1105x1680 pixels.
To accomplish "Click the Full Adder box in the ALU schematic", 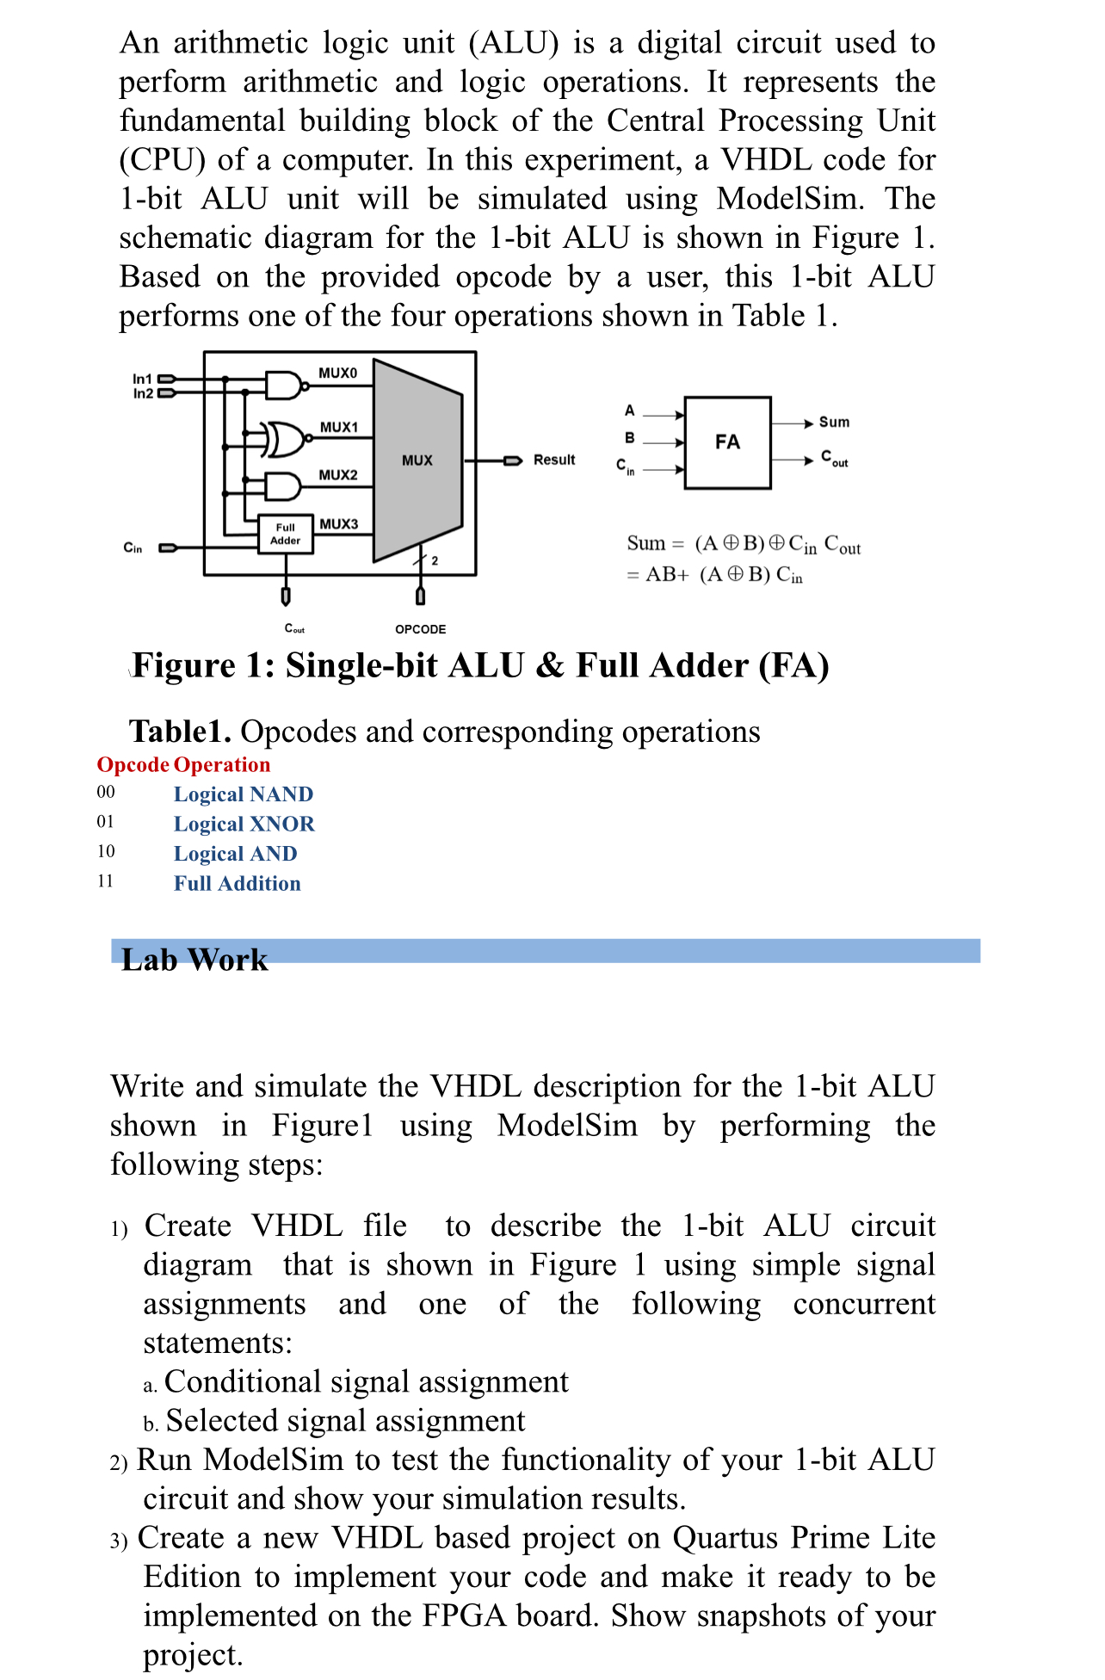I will click(x=286, y=534).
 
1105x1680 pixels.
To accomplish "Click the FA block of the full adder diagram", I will click(x=727, y=442).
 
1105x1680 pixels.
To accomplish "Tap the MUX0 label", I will click(x=337, y=373).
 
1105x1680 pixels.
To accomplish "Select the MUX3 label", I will click(x=338, y=523).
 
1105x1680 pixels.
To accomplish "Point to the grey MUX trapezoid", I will click(x=417, y=460).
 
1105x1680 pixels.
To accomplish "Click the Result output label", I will click(x=554, y=460).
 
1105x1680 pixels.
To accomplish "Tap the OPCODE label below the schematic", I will click(x=420, y=629).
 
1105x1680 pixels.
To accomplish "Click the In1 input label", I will click(x=142, y=379).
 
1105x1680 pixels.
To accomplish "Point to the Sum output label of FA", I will click(x=833, y=422).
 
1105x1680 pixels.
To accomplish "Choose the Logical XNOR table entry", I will click(x=244, y=825).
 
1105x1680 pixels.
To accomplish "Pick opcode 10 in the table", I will click(x=106, y=852).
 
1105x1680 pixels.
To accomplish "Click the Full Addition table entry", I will click(x=238, y=884).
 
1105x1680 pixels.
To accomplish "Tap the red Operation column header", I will click(x=222, y=765).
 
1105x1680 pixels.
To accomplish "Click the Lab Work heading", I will click(x=194, y=959).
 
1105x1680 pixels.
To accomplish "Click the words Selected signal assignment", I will click(x=345, y=1421).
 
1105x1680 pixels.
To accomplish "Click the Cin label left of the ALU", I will click(x=133, y=547).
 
